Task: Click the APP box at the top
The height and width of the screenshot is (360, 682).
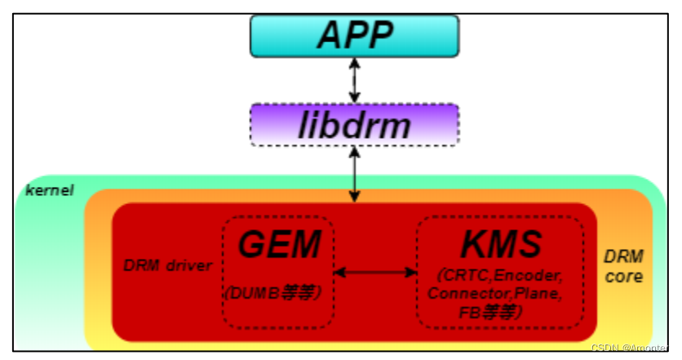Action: click(x=355, y=35)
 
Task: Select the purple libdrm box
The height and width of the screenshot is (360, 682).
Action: click(x=355, y=125)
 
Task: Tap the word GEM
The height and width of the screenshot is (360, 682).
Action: click(x=277, y=244)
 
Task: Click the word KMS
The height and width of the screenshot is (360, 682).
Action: click(x=501, y=244)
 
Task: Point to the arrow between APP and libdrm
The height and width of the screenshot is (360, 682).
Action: click(x=354, y=79)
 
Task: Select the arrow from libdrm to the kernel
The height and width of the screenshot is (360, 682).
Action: click(x=354, y=174)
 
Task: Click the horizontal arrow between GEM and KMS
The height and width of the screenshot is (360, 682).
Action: click(x=375, y=272)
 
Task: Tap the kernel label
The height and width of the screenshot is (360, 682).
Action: click(x=50, y=190)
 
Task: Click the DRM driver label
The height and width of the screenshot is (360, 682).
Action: click(x=167, y=265)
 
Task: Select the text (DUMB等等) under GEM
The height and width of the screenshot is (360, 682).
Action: click(x=277, y=291)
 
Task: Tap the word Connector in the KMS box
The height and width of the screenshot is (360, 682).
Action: click(x=465, y=293)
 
